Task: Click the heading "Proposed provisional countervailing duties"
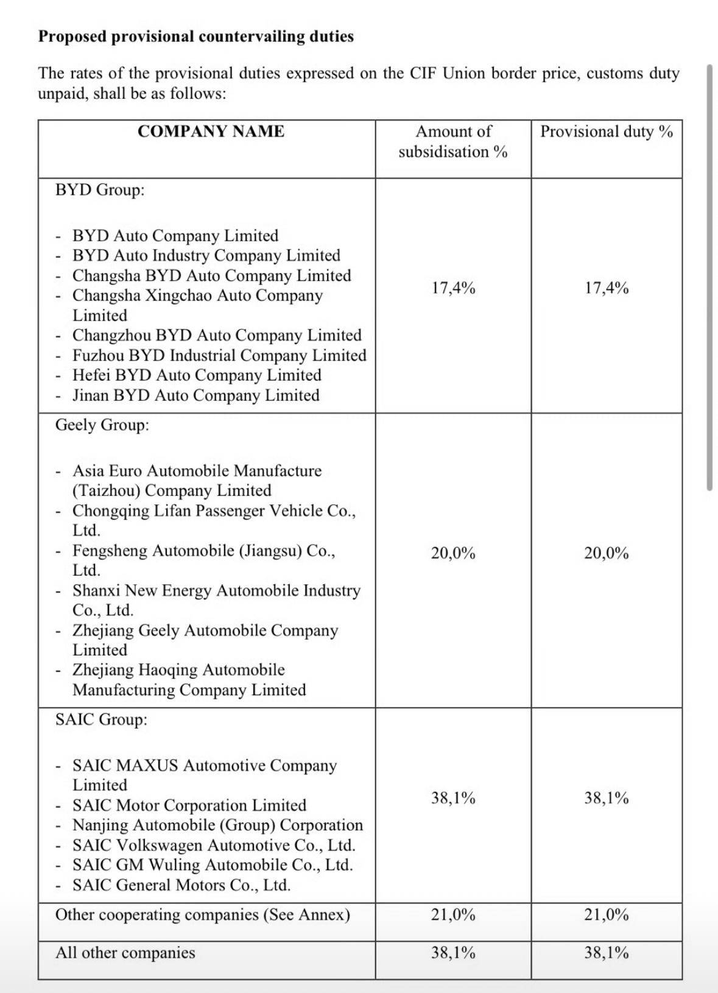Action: pyautogui.click(x=195, y=37)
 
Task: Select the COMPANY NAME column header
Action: pyautogui.click(x=211, y=132)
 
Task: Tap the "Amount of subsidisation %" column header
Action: pyautogui.click(x=453, y=141)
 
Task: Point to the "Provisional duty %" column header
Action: pyautogui.click(x=607, y=132)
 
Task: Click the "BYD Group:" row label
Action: pyautogui.click(x=100, y=190)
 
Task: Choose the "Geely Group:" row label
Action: pyautogui.click(x=102, y=425)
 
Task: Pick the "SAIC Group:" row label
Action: pyautogui.click(x=101, y=719)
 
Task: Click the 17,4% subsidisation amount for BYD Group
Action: pyautogui.click(x=453, y=288)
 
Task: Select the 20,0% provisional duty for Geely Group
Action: pyautogui.click(x=607, y=553)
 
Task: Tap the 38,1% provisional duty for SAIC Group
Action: pyautogui.click(x=607, y=798)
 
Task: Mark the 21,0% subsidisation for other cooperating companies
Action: pyautogui.click(x=453, y=915)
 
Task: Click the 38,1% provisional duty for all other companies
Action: pyautogui.click(x=607, y=953)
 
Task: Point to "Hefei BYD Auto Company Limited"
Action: pyautogui.click(x=197, y=375)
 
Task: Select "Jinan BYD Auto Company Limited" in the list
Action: pyautogui.click(x=195, y=395)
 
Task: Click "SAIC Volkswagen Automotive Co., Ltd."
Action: pyautogui.click(x=214, y=846)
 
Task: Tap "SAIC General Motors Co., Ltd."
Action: pyautogui.click(x=181, y=885)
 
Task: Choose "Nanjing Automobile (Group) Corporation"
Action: pyautogui.click(x=217, y=825)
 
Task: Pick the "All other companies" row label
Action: pyautogui.click(x=125, y=953)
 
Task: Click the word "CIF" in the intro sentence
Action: pyautogui.click(x=423, y=74)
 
